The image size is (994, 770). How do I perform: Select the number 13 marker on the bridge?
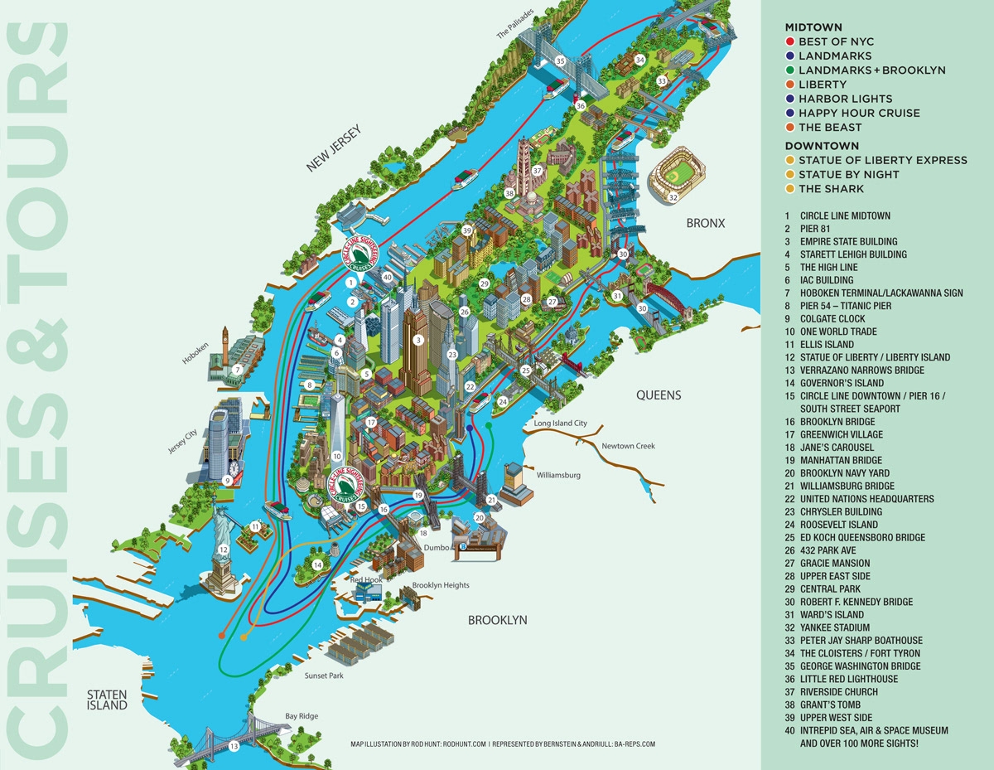click(234, 747)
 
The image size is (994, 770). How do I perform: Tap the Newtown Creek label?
click(628, 446)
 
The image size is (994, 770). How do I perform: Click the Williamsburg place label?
click(558, 476)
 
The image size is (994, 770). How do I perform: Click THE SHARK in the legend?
click(831, 189)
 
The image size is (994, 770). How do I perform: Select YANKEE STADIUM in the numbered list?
click(835, 627)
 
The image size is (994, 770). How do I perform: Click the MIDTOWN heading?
click(813, 27)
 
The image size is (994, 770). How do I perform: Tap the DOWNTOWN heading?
click(822, 146)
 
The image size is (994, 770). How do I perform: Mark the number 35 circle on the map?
click(560, 61)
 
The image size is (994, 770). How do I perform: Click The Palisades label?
click(515, 24)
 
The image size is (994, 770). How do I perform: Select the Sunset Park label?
click(323, 676)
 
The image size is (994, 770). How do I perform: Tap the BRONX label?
click(705, 223)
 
